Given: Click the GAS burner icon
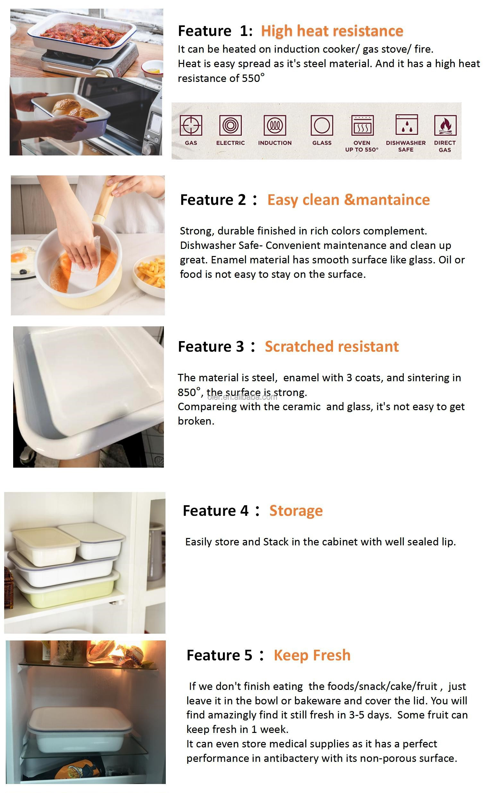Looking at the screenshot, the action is pyautogui.click(x=191, y=126).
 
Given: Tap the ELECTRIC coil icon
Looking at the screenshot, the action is pyautogui.click(x=230, y=126).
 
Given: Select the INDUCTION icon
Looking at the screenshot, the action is pyautogui.click(x=275, y=126).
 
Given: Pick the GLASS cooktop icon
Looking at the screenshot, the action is pyautogui.click(x=322, y=126).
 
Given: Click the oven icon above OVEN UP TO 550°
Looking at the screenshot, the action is pyautogui.click(x=362, y=126).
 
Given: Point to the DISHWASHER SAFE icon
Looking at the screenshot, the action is pyautogui.click(x=407, y=125).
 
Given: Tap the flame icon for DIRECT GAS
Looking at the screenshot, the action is pyautogui.click(x=445, y=126).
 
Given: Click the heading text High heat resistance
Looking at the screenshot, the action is pyautogui.click(x=332, y=31).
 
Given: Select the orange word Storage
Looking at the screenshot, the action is pyautogui.click(x=296, y=511).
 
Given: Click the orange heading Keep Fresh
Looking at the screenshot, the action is pyautogui.click(x=312, y=656).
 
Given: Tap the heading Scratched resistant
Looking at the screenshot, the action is pyautogui.click(x=332, y=347).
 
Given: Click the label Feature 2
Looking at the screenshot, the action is pyautogui.click(x=213, y=200).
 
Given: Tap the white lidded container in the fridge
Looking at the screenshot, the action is pyautogui.click(x=80, y=730).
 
